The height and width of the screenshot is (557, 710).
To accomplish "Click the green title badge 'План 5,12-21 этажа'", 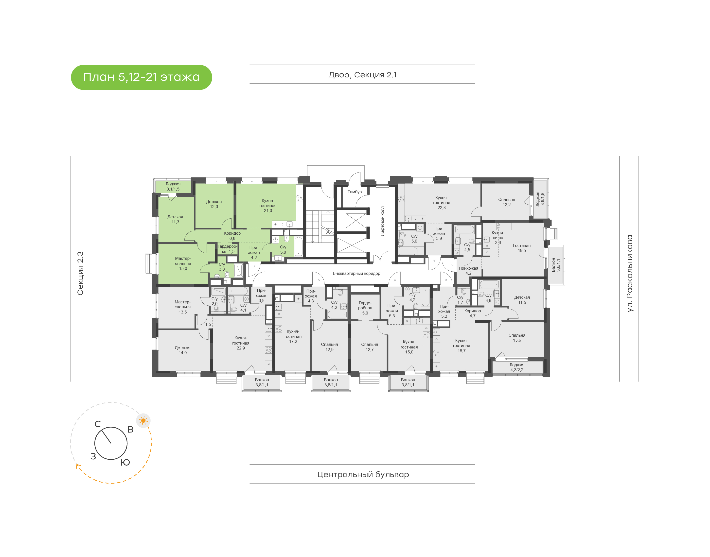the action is click(141, 77).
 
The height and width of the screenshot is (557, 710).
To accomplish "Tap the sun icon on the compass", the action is click(143, 420).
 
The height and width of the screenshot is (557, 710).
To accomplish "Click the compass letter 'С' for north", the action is click(98, 424).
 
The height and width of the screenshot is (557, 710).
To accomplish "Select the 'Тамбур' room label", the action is click(355, 192).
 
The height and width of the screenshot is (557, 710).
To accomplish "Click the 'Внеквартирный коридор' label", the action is click(356, 273).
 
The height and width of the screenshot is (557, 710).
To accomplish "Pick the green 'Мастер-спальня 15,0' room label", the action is click(183, 263).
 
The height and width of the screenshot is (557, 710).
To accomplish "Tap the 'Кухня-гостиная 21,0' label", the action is click(268, 206).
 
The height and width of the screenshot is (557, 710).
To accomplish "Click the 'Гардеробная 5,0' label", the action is click(365, 308).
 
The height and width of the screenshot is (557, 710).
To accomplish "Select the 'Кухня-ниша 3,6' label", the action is click(498, 237).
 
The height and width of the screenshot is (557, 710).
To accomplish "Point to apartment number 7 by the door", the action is click(254, 266).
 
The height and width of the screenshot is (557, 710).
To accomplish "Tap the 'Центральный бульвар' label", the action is click(363, 474).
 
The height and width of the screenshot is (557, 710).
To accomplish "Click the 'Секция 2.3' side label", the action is click(80, 273).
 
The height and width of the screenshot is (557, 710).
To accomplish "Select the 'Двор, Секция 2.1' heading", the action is click(362, 75).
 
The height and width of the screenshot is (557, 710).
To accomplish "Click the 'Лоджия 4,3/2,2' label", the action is click(517, 367).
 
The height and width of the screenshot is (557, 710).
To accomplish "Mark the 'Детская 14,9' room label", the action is click(183, 350).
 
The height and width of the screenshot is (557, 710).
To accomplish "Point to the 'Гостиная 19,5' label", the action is click(521, 248).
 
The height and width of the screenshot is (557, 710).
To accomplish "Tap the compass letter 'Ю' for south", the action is click(125, 462).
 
